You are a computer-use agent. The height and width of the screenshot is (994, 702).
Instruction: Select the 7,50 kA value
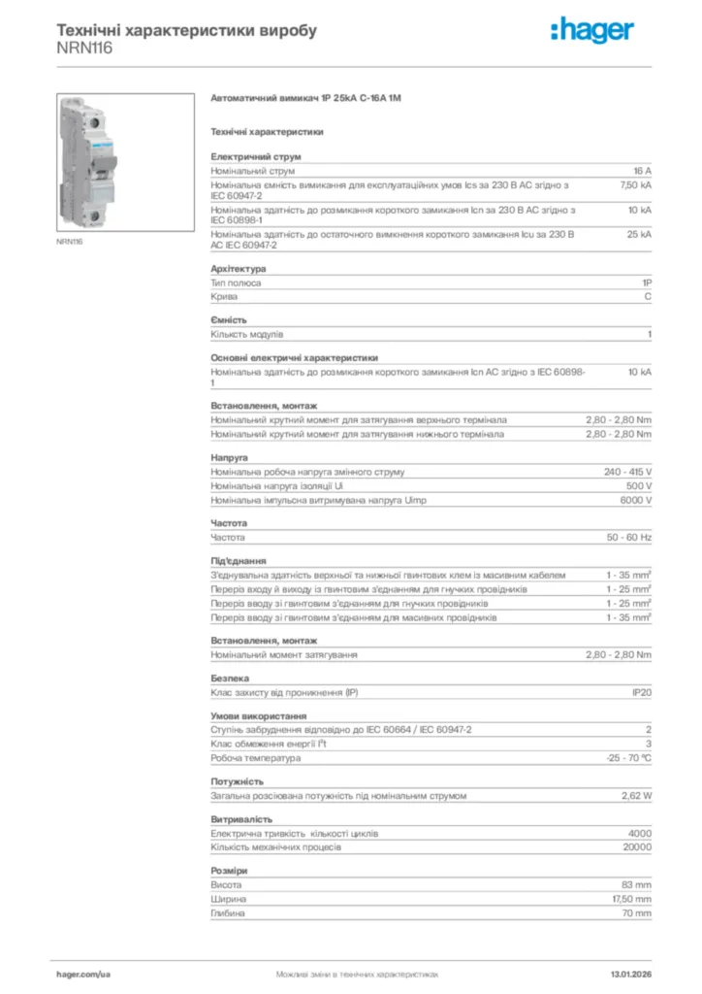point(636,183)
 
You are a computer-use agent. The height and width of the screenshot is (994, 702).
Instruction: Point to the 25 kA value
point(639,234)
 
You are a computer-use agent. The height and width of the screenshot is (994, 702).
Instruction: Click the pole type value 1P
point(647,283)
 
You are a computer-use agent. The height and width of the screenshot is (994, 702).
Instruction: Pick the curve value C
point(648,297)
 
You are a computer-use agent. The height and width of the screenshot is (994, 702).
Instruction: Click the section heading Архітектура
point(239,269)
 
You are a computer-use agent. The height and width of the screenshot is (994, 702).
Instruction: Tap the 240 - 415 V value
point(627,472)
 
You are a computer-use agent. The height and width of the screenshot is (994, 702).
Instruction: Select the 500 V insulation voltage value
point(639,485)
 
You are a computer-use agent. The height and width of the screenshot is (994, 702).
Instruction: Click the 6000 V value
point(636,500)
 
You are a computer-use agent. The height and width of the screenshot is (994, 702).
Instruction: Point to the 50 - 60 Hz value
point(629,537)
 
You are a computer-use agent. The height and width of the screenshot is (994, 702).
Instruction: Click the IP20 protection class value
point(641,693)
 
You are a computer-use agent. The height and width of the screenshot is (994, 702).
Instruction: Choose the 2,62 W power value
point(636,796)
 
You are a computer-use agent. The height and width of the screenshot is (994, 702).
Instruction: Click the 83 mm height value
point(636,885)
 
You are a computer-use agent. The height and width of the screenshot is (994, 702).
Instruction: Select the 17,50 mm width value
point(631,899)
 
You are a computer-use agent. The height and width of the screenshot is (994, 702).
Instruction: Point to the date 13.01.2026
point(630,974)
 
